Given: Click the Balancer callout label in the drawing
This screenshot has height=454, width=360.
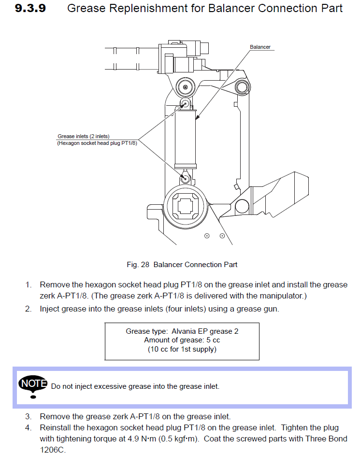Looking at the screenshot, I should click(x=260, y=47).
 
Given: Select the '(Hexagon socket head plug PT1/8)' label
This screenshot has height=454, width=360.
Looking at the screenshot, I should click(x=97, y=143).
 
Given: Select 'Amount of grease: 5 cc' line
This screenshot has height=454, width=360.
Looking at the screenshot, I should click(x=182, y=340).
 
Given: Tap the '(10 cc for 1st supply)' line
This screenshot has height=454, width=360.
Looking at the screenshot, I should click(x=182, y=349).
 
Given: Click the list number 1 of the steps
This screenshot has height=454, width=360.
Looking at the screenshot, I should click(x=29, y=285).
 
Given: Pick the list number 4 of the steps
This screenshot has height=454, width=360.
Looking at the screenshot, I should click(x=29, y=428).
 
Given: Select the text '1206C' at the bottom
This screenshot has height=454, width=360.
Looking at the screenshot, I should click(x=52, y=449).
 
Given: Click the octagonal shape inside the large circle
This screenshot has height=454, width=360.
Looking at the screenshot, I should click(x=186, y=207).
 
